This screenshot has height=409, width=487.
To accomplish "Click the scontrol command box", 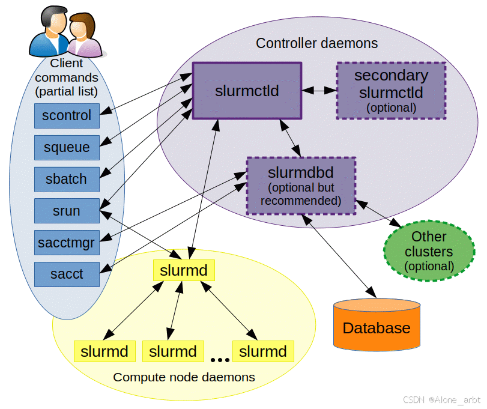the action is click(x=67, y=116).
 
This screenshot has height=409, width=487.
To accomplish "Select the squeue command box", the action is click(x=67, y=148).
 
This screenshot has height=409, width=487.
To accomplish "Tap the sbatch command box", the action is click(x=67, y=179).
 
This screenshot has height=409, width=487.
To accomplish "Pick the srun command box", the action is click(x=67, y=211).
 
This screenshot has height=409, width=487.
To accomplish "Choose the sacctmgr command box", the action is click(x=67, y=243).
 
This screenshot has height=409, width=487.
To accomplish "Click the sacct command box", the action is click(x=67, y=274).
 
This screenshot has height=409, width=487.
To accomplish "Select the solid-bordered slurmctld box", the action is click(x=247, y=91).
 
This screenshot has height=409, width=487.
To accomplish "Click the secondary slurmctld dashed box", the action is click(x=392, y=91).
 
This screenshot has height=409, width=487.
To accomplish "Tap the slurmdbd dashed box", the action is click(x=301, y=186).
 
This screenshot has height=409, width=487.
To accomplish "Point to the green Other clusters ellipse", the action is click(x=429, y=251).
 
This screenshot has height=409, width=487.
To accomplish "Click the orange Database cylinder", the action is click(x=377, y=325).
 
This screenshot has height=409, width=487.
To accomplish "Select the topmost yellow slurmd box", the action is click(x=184, y=270).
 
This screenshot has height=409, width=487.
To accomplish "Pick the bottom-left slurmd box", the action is click(x=104, y=351).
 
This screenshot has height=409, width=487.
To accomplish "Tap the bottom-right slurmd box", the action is click(x=263, y=351).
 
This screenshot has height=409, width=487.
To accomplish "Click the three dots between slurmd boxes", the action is click(x=220, y=360).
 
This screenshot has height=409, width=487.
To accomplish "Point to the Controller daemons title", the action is click(x=317, y=43).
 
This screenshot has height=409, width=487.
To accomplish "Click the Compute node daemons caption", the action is click(x=184, y=377).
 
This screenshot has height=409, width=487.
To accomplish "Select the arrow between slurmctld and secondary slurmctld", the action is click(x=319, y=91).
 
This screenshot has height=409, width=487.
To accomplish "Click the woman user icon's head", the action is click(x=82, y=25).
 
